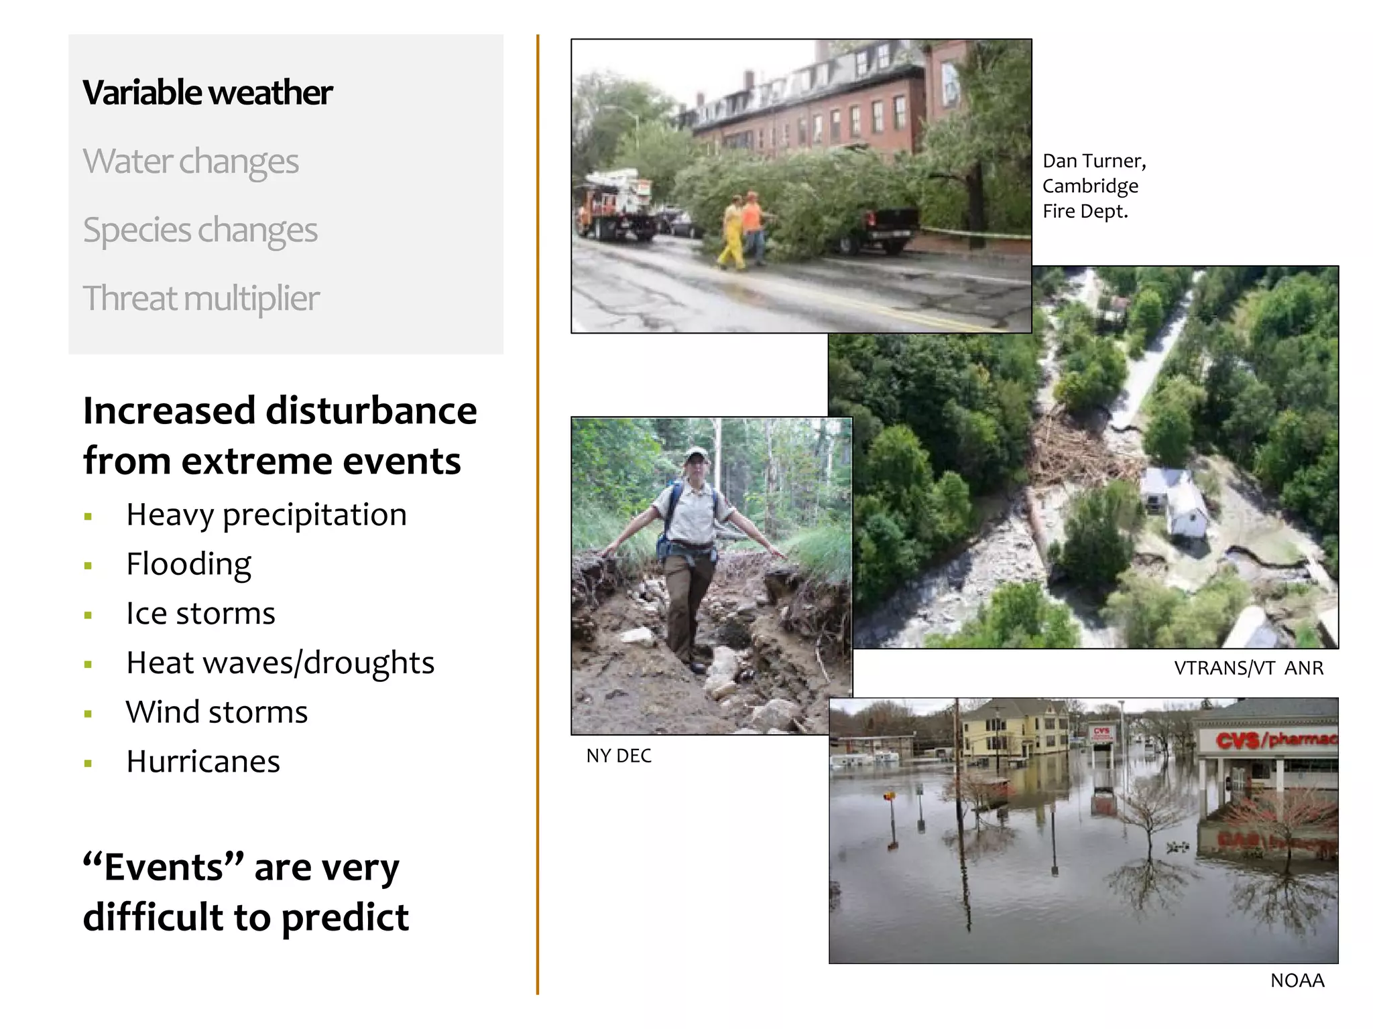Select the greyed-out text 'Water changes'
[x=190, y=161]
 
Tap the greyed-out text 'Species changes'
[x=200, y=230]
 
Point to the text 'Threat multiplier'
[x=200, y=298]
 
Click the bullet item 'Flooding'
[x=188, y=563]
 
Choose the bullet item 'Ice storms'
[x=200, y=613]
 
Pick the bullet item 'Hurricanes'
[x=202, y=761]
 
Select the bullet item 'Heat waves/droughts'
[x=280, y=663]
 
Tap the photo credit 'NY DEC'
[x=618, y=756]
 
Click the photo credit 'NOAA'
[x=1297, y=980]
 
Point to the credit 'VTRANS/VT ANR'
[x=1248, y=668]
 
